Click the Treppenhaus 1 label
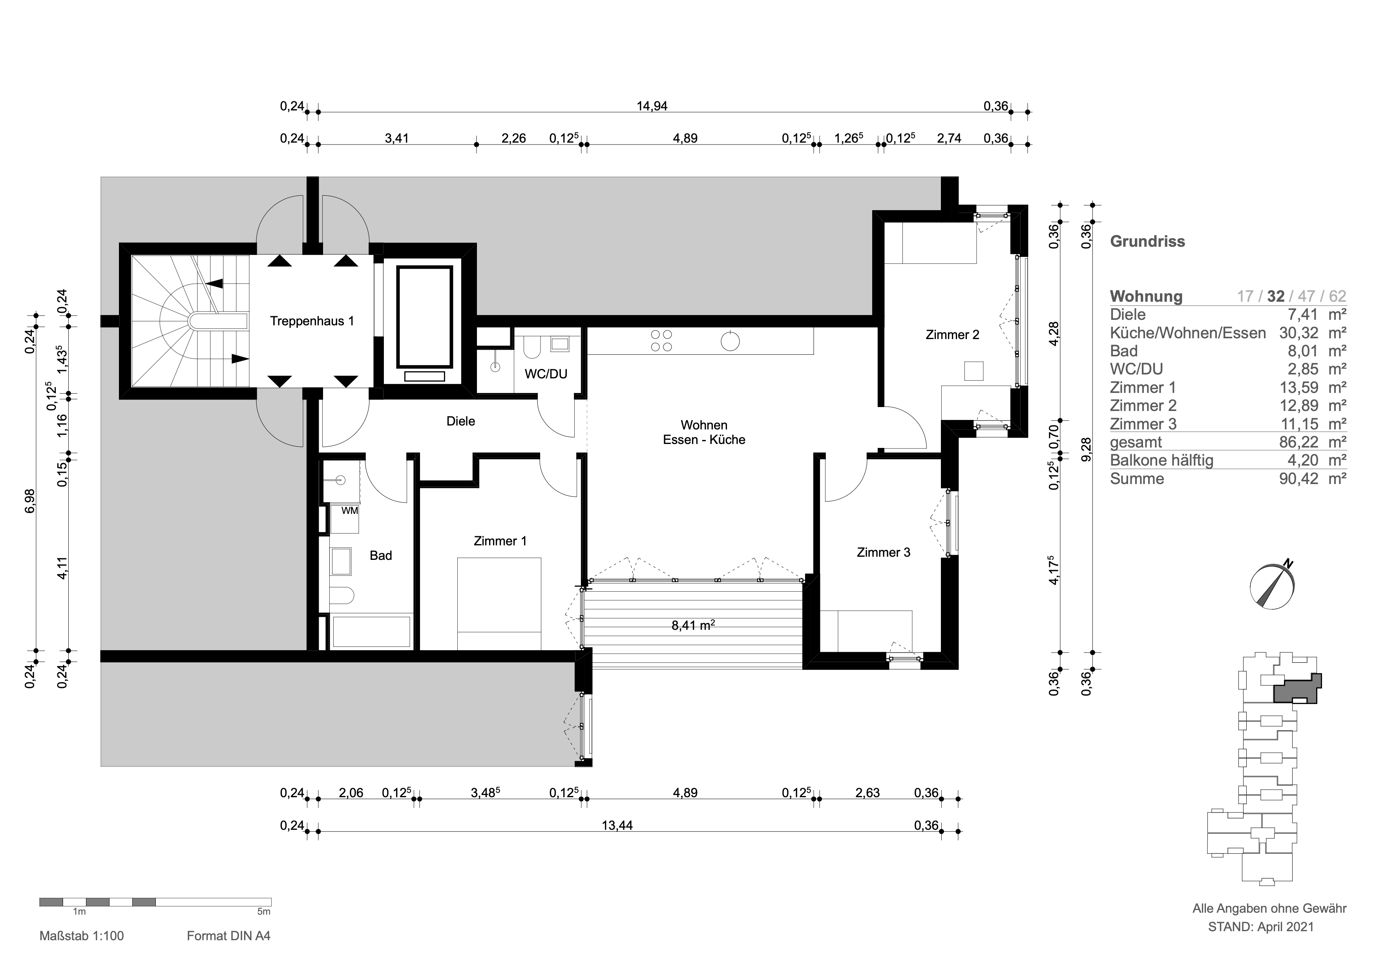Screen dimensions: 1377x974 [312, 321]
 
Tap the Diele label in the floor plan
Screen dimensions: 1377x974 [460, 421]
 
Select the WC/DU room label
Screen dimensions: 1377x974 [546, 374]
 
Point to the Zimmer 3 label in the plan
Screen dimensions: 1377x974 [884, 552]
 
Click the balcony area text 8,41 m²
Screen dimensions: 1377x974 [693, 625]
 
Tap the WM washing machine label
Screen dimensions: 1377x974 [350, 511]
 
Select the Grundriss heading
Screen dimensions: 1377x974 [1147, 241]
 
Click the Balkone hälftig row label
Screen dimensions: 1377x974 [1162, 460]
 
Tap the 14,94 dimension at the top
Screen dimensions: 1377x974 [652, 106]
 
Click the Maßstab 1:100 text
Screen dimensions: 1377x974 [82, 935]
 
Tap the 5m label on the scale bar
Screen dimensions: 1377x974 [264, 912]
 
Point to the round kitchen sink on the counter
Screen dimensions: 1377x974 [730, 341]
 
